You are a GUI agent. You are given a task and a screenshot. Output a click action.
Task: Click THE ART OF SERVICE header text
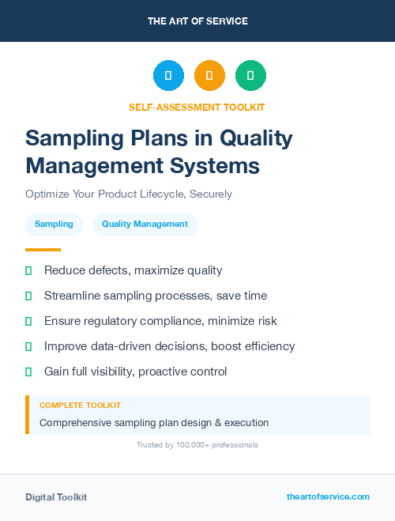pos(197,21)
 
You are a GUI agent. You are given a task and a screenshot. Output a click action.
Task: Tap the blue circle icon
pos(168,76)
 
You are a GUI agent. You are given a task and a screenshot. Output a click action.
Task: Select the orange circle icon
pos(209,76)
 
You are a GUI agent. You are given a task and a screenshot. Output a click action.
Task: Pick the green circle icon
pos(250,76)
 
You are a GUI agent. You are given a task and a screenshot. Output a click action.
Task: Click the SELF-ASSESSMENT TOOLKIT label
pos(197,107)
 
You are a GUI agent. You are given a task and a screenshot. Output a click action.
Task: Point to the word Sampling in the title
pos(72,139)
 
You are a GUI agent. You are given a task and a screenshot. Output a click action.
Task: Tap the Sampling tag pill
pos(54,225)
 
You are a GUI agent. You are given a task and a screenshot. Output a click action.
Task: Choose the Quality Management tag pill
pos(145,225)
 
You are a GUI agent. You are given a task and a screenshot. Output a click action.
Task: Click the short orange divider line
pos(43,250)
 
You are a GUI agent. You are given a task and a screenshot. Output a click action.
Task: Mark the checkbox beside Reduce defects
pos(28,270)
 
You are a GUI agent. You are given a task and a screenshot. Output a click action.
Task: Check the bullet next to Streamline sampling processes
pos(28,296)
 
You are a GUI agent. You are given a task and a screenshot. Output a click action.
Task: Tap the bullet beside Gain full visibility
pos(28,372)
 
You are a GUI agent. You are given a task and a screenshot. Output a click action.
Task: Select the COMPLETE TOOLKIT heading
pos(80,405)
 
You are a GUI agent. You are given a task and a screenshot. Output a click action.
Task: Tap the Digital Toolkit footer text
pos(56,497)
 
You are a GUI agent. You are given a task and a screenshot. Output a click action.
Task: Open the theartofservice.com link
pos(328,496)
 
